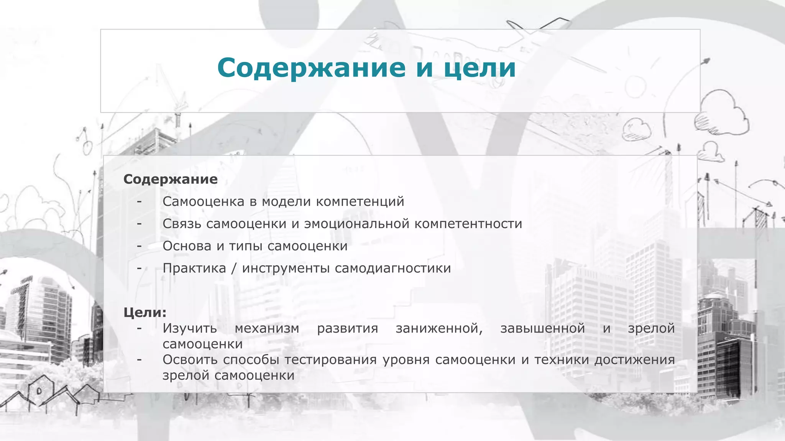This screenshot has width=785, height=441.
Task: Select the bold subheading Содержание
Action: click(171, 179)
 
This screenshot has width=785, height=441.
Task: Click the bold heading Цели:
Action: click(145, 312)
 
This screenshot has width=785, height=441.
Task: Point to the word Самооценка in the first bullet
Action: click(203, 201)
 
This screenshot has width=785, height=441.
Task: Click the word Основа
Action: click(187, 246)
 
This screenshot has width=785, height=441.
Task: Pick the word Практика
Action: click(194, 268)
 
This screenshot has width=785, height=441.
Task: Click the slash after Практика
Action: click(234, 268)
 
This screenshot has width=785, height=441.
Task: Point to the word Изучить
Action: click(190, 328)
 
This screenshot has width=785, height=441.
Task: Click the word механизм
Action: click(267, 328)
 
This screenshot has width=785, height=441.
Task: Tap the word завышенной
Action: click(542, 328)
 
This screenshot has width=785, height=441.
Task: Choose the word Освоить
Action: click(190, 359)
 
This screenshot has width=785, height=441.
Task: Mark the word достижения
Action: click(634, 359)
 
